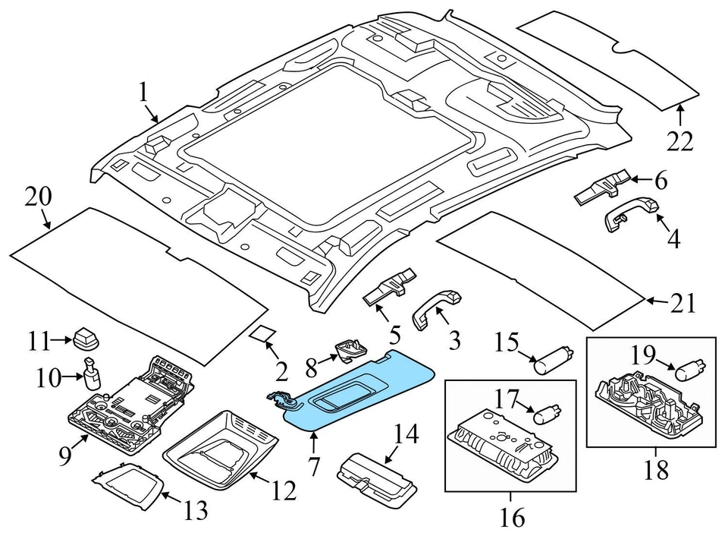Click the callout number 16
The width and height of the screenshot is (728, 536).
[x=513, y=518]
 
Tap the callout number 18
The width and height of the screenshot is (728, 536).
[x=656, y=470]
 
